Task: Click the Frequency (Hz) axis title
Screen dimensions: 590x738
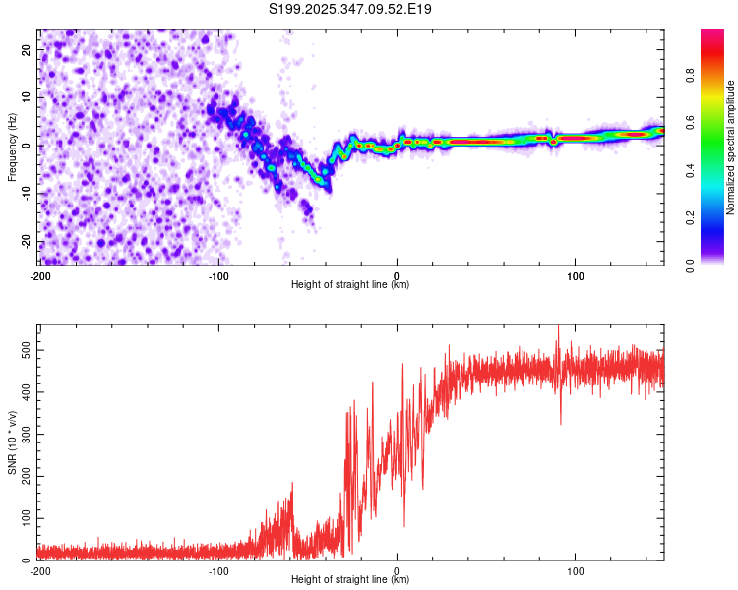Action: click(12, 147)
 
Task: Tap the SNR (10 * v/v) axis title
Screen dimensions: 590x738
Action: click(12, 442)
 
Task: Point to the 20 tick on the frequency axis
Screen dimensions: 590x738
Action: click(27, 49)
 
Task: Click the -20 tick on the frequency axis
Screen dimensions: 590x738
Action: click(25, 242)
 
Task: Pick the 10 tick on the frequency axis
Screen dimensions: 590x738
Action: click(27, 97)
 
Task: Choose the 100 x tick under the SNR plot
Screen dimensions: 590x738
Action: click(575, 571)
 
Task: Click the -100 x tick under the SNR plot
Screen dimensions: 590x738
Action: click(218, 571)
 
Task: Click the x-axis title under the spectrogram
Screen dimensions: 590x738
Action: click(350, 285)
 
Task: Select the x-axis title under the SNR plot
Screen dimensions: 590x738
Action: click(350, 580)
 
